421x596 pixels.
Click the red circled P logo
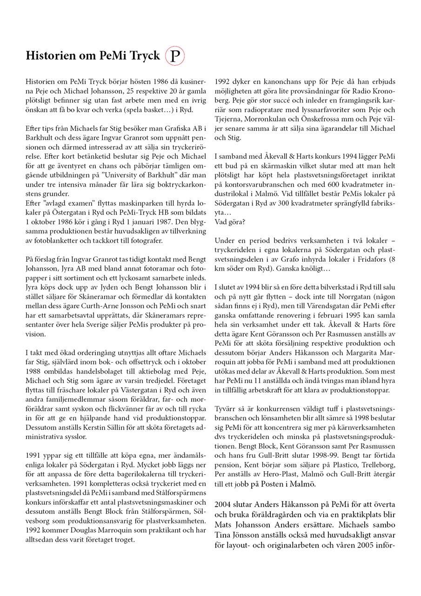pyautogui.click(x=175, y=56)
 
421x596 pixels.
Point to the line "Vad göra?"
pyautogui.click(x=230, y=222)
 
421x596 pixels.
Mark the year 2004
pyautogui.click(x=223, y=504)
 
